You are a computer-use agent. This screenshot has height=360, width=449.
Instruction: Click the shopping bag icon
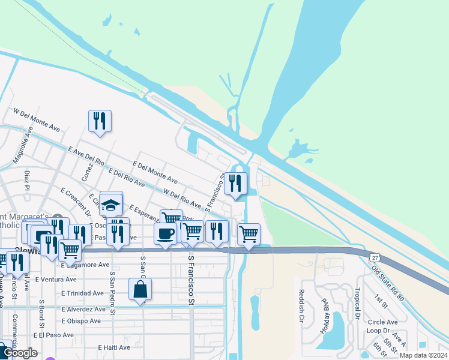point(140,289)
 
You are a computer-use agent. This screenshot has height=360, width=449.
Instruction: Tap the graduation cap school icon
point(111,204)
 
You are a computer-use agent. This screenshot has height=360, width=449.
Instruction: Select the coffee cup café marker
point(165,233)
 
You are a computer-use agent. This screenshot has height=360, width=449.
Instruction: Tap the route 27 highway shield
point(375,256)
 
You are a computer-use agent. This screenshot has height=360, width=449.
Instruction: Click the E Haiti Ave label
point(114,347)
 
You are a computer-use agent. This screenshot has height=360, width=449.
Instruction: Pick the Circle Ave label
point(381,322)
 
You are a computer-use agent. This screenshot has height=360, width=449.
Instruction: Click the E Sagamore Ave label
point(85,265)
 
